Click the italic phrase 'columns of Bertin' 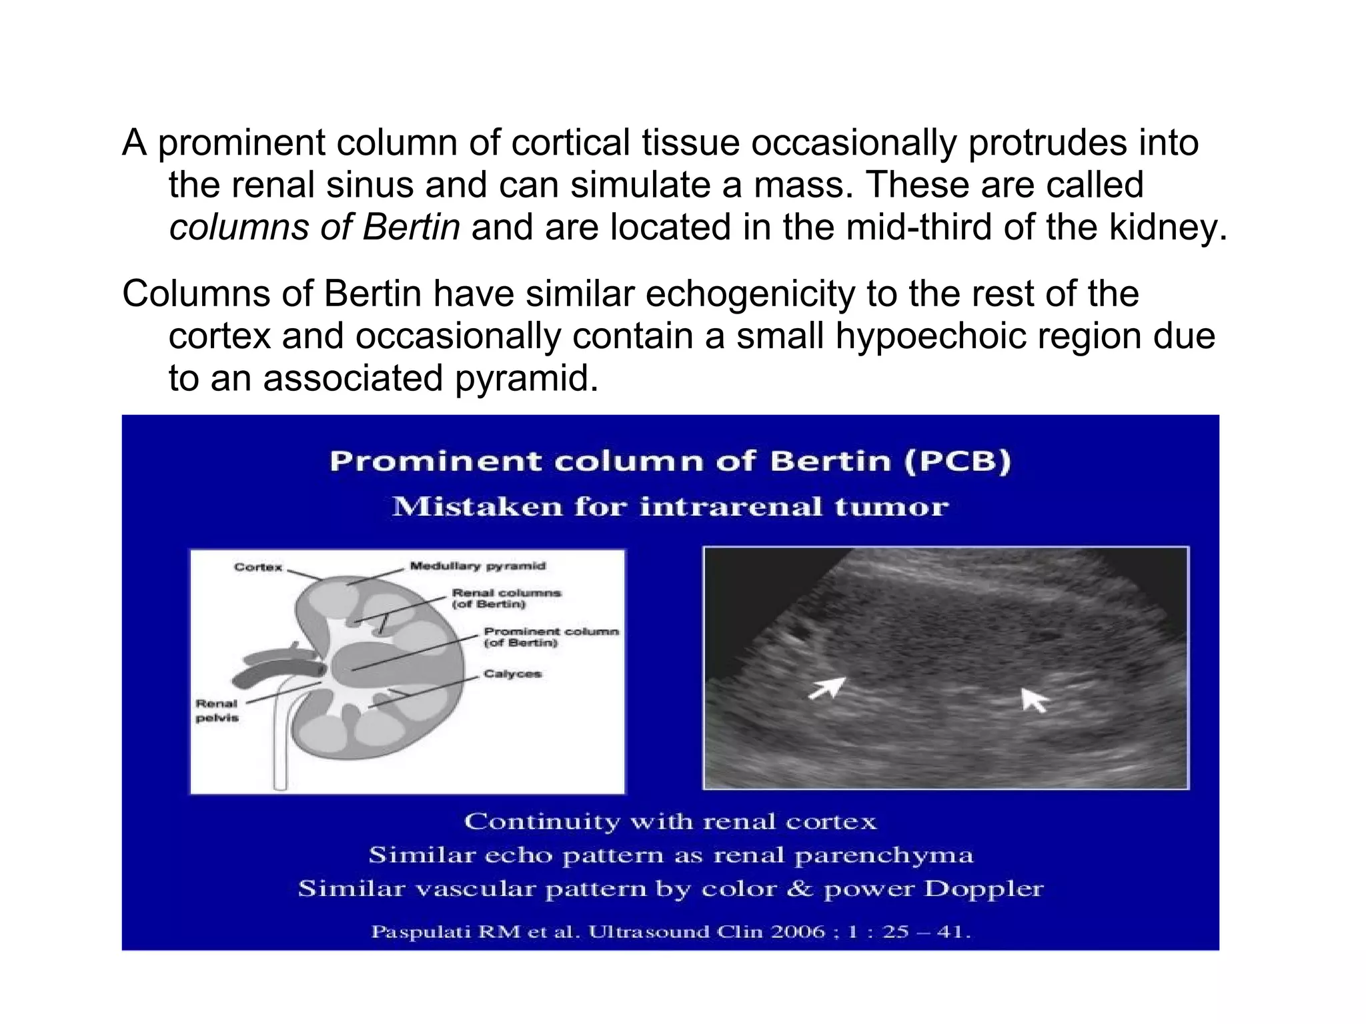[x=314, y=227]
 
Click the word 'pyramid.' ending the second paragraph [x=527, y=378]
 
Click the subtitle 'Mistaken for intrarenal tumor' [x=670, y=507]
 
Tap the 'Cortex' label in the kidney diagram [x=258, y=568]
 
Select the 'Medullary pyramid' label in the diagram [x=478, y=566]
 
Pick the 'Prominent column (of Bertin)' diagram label [x=550, y=637]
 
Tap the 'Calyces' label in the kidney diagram [x=512, y=674]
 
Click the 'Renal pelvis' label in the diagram [x=217, y=710]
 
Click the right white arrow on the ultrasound [x=1035, y=700]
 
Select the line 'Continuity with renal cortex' [x=670, y=821]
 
